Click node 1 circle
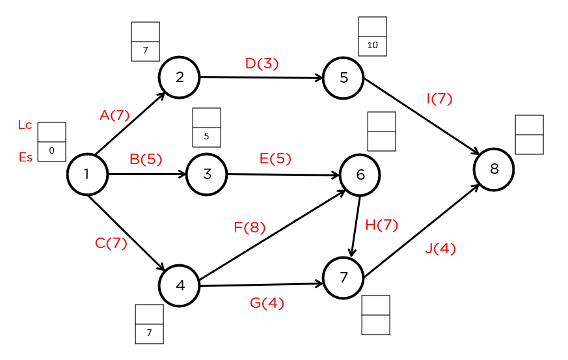pos(87,174)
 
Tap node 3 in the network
pos(207,174)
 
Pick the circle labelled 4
pos(180,285)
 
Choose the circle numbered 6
pos(360,175)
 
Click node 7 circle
pos(344,278)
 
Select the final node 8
pos(494,170)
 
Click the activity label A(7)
pos(115,115)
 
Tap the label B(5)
pos(146,159)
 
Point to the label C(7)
pos(111,243)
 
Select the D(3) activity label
pos(262,63)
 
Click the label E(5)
pos(275,159)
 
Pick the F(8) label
pos(250,228)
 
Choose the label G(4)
pos(267,303)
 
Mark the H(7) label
pos(381,225)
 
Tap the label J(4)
pos(440,249)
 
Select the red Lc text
pos(25,126)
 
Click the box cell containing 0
pos(51,152)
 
